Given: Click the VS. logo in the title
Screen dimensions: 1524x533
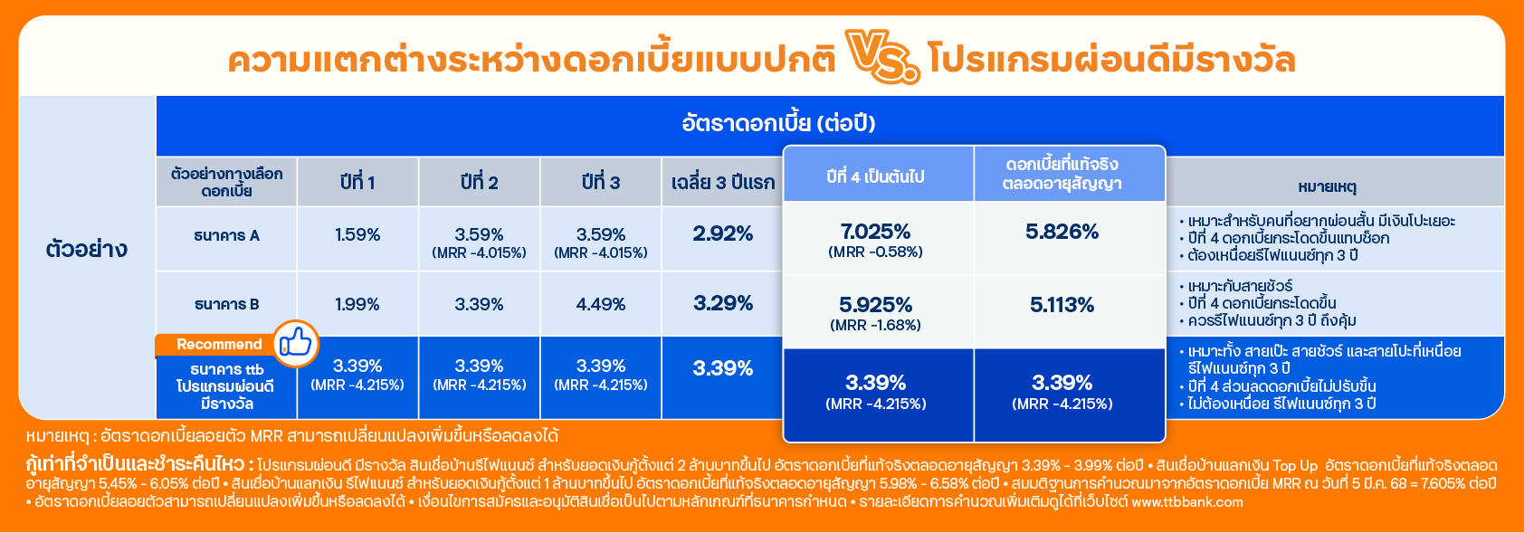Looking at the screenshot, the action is point(882,56).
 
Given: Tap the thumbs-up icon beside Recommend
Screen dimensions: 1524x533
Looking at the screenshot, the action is point(296,343).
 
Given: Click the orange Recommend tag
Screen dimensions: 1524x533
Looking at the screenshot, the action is point(219,345).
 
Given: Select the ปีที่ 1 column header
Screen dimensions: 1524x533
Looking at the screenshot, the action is point(357,183).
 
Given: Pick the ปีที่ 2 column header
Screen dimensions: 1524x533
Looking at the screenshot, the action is point(479,183).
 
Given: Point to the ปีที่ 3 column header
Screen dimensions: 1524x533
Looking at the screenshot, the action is point(601,183).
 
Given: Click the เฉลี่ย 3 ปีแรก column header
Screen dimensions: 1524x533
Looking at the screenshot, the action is point(722,183).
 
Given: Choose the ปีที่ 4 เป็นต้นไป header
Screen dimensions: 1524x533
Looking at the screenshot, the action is point(876,177).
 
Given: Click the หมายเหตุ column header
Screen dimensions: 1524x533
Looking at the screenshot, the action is point(1327,186).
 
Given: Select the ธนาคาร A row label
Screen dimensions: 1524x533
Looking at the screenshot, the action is point(226,235).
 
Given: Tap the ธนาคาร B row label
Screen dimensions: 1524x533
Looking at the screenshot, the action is point(226,304).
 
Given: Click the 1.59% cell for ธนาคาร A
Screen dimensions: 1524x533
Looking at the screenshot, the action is point(357,235).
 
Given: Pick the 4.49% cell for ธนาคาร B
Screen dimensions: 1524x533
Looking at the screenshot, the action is point(601,304).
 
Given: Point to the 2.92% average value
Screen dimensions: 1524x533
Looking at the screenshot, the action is point(722,234).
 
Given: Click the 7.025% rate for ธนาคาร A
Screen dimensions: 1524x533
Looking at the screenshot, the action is point(876,232).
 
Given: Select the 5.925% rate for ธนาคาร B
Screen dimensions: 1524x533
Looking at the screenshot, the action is point(876,304).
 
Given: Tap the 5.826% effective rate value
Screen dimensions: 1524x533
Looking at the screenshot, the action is point(1062,233).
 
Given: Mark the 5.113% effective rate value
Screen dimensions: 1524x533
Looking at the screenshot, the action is point(1062,305).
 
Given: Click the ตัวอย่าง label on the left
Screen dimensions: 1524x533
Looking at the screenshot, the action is point(86,249).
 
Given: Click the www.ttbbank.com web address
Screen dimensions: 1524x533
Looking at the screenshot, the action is point(1187,502).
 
